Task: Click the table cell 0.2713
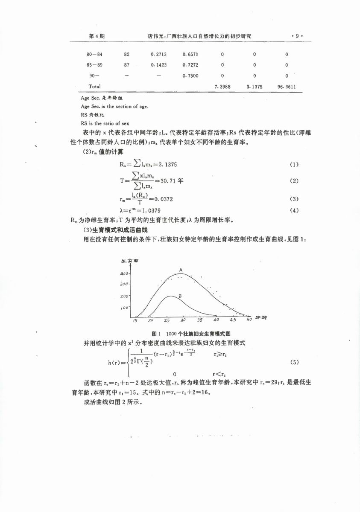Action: [x=158, y=55]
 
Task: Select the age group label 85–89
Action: [x=94, y=65]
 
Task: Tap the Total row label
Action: [x=94, y=87]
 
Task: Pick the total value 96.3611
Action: [x=287, y=87]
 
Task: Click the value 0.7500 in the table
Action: [x=190, y=76]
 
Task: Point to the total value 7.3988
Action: [x=222, y=87]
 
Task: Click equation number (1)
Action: [x=294, y=165]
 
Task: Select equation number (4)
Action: [x=294, y=210]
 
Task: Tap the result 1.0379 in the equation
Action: [x=152, y=211]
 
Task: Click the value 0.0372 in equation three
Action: [x=164, y=199]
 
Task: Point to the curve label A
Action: [x=181, y=270]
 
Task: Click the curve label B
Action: [x=181, y=296]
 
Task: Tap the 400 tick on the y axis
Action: [x=124, y=273]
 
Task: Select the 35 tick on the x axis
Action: [x=199, y=320]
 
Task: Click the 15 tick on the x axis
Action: [x=135, y=320]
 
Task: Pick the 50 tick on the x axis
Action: [x=249, y=320]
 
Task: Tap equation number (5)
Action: [x=294, y=362]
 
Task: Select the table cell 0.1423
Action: [x=158, y=65]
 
